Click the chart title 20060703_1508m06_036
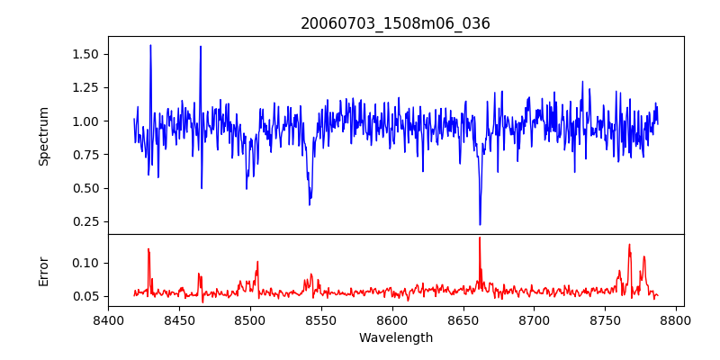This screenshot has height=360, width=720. pyautogui.click(x=395, y=23)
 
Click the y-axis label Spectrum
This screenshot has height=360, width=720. pyautogui.click(x=43, y=136)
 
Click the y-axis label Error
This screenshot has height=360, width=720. pyautogui.click(x=43, y=271)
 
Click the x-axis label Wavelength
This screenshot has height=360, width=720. pyautogui.click(x=395, y=337)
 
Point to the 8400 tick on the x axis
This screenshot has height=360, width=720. pyautogui.click(x=108, y=319)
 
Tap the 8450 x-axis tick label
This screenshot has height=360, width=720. pyautogui.click(x=179, y=319)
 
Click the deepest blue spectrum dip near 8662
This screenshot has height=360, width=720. pyautogui.click(x=480, y=224)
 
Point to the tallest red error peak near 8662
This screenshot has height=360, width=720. pyautogui.click(x=480, y=238)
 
